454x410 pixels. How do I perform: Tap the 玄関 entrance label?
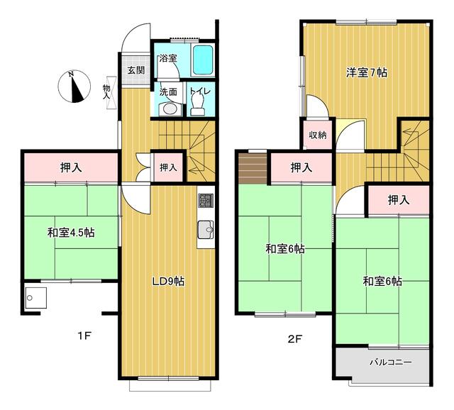pos(136,70)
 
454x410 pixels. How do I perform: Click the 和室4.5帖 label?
pos(72,233)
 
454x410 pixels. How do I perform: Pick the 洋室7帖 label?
pos(367,72)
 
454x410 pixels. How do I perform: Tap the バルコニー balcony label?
pos(391,362)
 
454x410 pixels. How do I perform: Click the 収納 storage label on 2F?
pos(317,135)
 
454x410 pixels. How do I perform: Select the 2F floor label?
pos(295,338)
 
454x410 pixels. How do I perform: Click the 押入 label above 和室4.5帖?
pos(70,167)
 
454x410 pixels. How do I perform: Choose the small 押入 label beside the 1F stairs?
pos(168,167)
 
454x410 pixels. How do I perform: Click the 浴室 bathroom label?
pos(167,57)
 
